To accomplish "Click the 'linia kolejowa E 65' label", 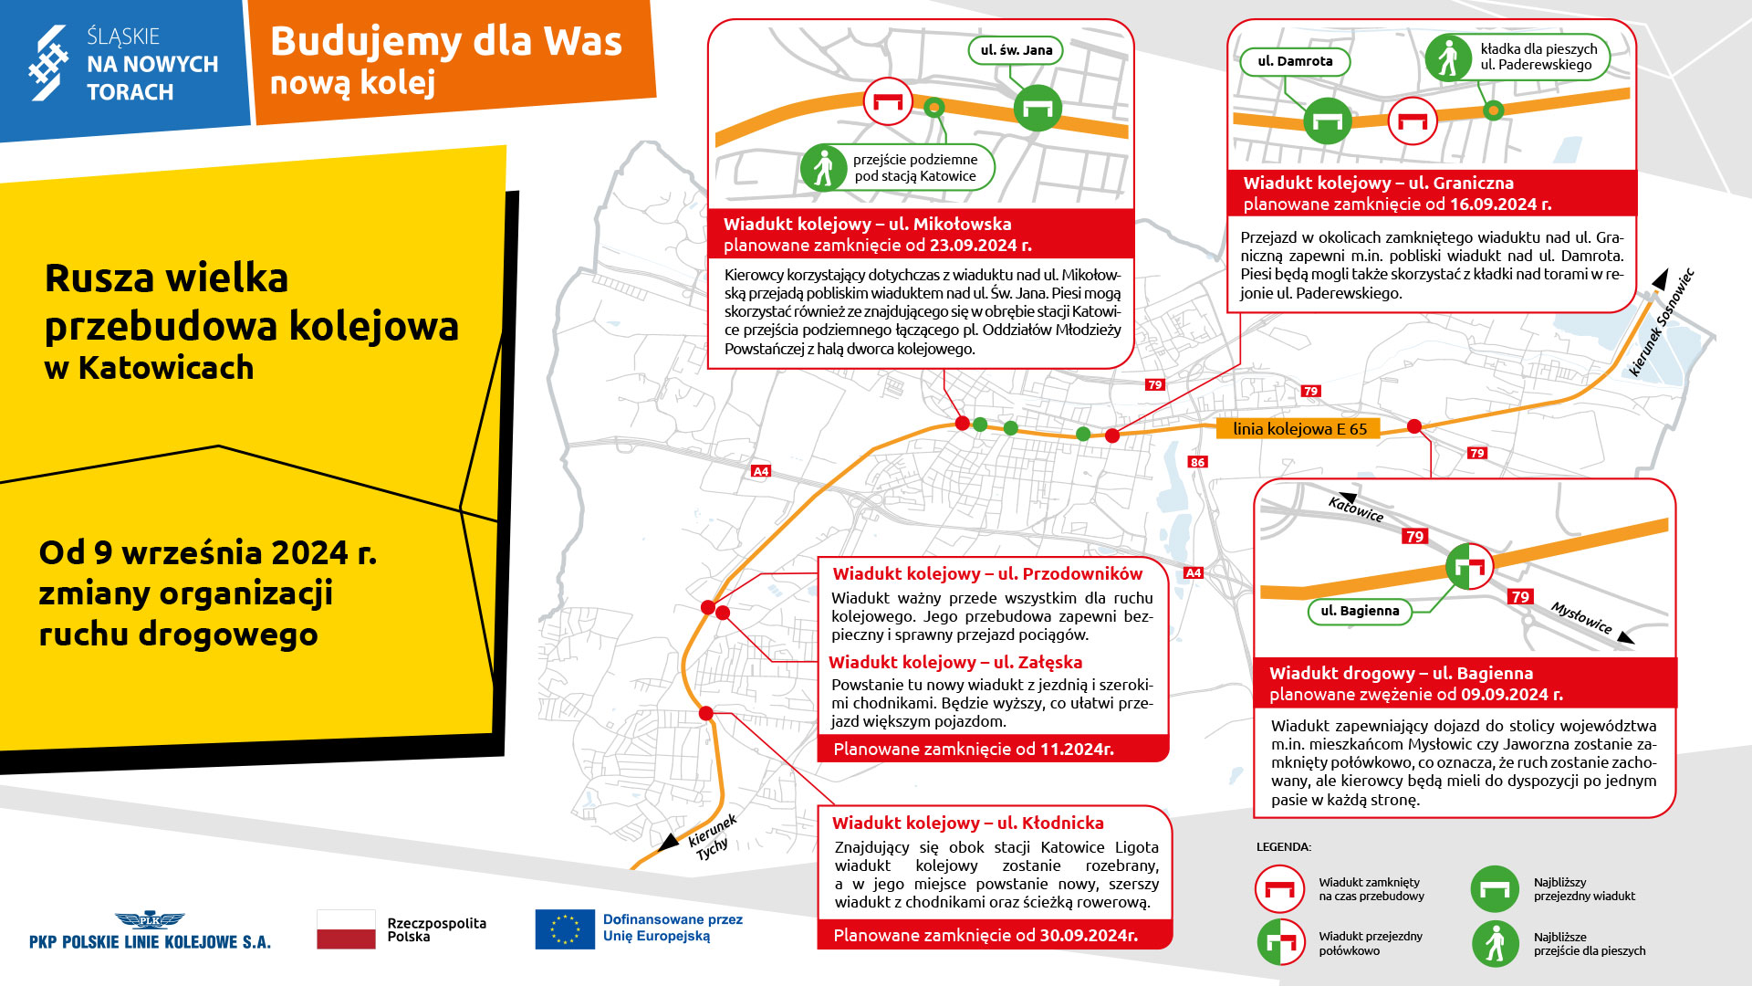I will click(x=1298, y=428).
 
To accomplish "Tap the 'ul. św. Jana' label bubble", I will click(x=1016, y=50).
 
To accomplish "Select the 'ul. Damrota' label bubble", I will click(x=1295, y=61).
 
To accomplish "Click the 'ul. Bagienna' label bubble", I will click(x=1360, y=611).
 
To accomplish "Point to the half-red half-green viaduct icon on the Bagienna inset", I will click(x=1469, y=567).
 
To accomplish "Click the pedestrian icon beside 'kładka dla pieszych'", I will click(x=1448, y=58).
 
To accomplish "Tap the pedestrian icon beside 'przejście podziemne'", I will click(x=824, y=168).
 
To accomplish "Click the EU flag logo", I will click(x=565, y=929).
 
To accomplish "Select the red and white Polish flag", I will click(x=346, y=929).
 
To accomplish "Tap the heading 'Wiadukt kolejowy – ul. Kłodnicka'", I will click(x=968, y=823).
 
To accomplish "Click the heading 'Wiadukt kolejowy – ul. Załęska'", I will click(x=955, y=663).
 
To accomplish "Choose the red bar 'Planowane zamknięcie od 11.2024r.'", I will click(x=993, y=750).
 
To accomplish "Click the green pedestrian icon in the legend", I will click(x=1495, y=943).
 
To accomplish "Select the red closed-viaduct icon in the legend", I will click(x=1279, y=889).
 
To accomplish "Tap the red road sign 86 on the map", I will click(x=1197, y=462).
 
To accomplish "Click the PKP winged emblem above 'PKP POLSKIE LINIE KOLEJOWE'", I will click(x=150, y=920).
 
